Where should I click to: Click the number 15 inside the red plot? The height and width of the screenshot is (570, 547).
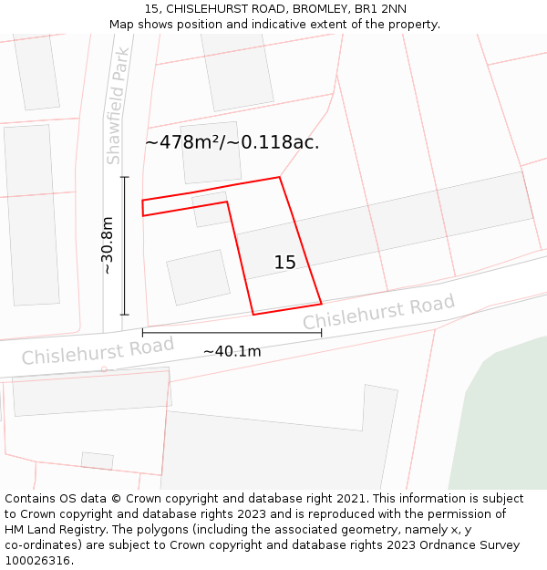coord(284,263)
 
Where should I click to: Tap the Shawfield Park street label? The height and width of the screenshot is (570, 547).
coord(115,107)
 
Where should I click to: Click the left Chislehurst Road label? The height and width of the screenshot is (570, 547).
coord(98,351)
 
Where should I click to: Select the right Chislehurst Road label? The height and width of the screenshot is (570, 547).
coord(378,313)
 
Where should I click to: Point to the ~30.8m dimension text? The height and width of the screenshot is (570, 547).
coord(108,245)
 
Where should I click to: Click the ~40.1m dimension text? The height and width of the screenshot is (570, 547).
coord(232,351)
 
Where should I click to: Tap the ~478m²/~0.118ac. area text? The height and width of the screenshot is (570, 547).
coord(232,142)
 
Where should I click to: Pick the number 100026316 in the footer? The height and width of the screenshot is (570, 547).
coord(40,561)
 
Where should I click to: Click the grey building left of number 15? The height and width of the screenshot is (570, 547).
coord(199,276)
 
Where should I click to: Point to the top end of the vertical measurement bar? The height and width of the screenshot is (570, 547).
coord(125,177)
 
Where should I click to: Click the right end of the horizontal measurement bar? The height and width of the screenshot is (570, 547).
coord(321,333)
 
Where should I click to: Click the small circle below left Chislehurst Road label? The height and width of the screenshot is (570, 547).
coord(104,369)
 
